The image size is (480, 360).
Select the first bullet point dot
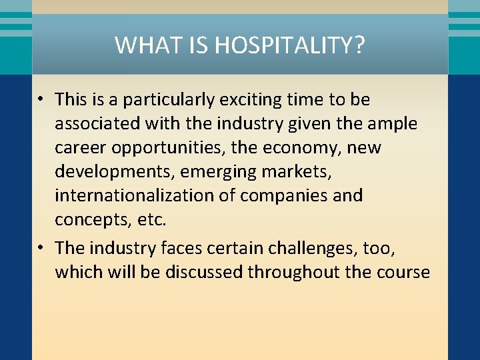pos(41,100)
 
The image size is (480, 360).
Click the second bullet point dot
pos(41,248)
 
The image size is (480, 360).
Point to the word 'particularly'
pos(164,100)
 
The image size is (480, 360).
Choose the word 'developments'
pos(111,172)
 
